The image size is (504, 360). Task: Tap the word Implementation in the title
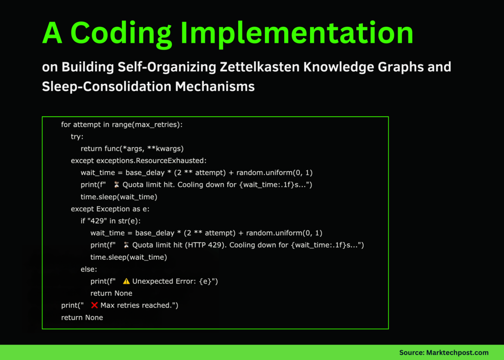293,33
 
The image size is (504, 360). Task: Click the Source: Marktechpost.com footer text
444,352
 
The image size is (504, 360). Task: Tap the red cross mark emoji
95,305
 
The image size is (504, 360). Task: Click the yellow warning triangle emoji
126,281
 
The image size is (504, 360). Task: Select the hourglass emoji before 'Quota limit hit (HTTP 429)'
126,245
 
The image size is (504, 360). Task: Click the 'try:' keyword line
77,137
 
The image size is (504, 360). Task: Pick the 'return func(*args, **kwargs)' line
132,149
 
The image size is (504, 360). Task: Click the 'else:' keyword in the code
89,269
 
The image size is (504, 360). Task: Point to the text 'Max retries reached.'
139,305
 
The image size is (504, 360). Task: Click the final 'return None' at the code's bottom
82,317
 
